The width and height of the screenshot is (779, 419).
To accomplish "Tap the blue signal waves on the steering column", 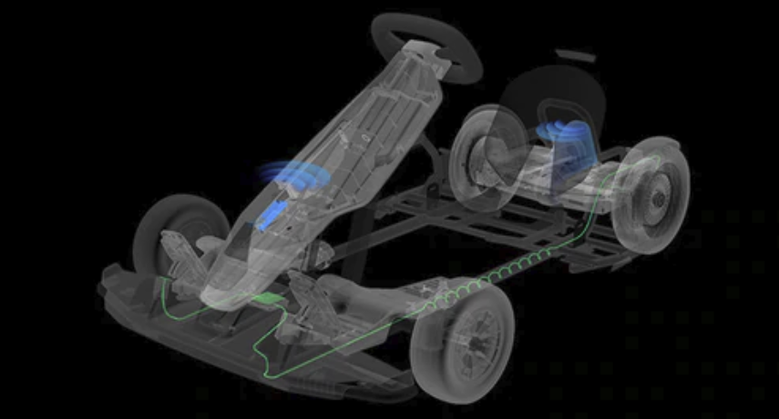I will pos(273,173).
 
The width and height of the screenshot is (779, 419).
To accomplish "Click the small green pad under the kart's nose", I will pos(265,300).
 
